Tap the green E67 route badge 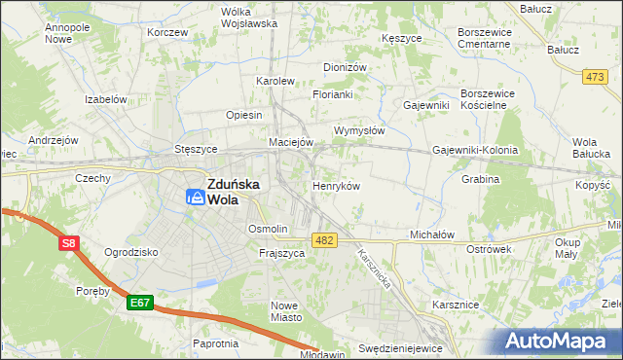coord(138,304)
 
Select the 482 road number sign coord(325,239)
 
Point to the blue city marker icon coord(197,198)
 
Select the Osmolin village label coord(268,229)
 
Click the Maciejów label coord(291,142)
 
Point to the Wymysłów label coord(360,130)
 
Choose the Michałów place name coord(432,235)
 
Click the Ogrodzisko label coord(130,252)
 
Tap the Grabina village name coord(481,179)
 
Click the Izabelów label coord(107,99)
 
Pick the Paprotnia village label coord(215,343)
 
